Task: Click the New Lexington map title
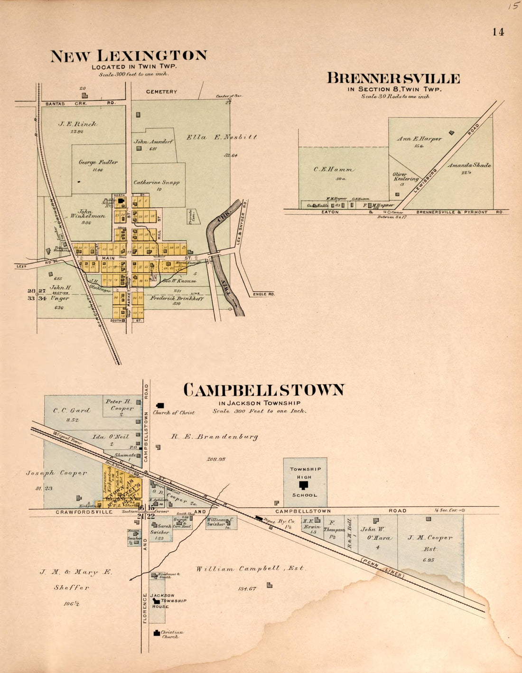(x=129, y=56)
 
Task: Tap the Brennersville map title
(x=393, y=78)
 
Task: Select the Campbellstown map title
(x=264, y=390)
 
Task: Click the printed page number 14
(x=498, y=32)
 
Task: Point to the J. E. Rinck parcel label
(x=78, y=124)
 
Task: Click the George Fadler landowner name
(x=98, y=162)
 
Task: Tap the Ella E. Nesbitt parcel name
(x=222, y=137)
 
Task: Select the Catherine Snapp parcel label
(x=156, y=182)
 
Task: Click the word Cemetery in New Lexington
(x=161, y=92)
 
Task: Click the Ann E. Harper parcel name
(x=419, y=139)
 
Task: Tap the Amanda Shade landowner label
(x=469, y=166)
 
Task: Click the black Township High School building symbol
(x=304, y=485)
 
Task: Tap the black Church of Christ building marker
(x=160, y=405)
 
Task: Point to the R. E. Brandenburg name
(x=214, y=437)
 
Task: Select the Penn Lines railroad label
(x=382, y=567)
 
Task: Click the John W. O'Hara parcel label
(x=376, y=533)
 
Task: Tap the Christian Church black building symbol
(x=156, y=632)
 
